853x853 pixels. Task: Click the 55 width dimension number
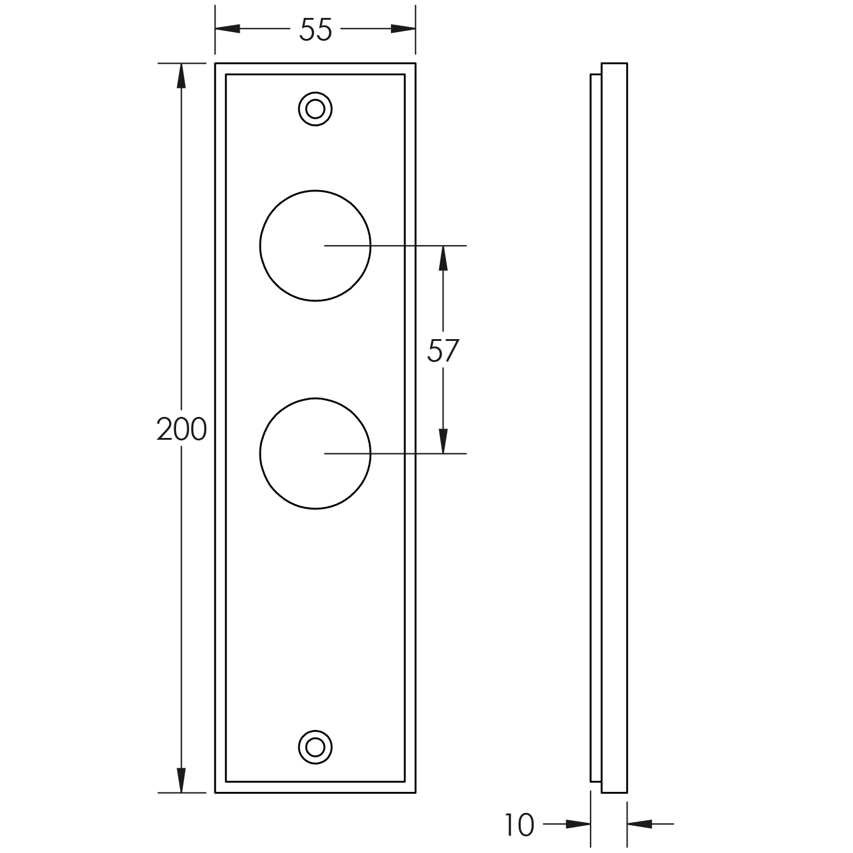[315, 30]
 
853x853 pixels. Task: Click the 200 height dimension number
[181, 429]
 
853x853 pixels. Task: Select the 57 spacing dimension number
[443, 351]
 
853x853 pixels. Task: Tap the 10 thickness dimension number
[519, 825]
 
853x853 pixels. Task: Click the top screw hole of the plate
[315, 109]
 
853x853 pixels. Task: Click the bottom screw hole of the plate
[315, 747]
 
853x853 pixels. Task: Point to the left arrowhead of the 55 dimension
[227, 29]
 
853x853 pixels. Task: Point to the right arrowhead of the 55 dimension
[403, 29]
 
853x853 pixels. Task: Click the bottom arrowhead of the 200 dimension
[181, 780]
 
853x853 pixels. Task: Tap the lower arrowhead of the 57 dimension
[443, 441]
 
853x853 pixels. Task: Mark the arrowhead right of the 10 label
[578, 823]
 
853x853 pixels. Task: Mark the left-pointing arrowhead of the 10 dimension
[640, 823]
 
